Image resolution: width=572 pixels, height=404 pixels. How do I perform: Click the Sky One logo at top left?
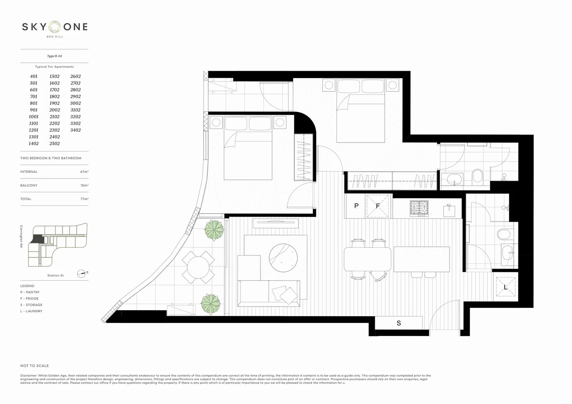[55, 27]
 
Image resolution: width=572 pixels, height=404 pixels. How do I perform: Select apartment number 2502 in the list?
[54, 144]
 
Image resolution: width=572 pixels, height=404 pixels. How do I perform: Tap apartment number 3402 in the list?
[75, 130]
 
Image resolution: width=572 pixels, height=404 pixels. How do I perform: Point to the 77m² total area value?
[84, 199]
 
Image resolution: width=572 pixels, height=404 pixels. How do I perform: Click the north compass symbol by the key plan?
[82, 273]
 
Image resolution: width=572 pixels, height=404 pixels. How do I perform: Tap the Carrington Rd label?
[22, 236]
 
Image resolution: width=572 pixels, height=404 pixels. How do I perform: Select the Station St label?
[55, 276]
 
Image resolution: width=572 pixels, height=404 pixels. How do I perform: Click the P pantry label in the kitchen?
[356, 206]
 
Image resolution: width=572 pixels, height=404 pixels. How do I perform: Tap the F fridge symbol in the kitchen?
[378, 206]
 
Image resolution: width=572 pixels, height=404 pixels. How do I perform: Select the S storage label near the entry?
[399, 323]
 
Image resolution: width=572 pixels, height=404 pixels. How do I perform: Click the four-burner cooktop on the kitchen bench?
[419, 208]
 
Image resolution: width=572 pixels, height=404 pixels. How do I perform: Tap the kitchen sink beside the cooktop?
[449, 210]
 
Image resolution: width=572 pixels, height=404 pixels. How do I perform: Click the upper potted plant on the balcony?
[214, 229]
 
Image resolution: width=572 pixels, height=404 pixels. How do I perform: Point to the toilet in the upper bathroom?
[477, 175]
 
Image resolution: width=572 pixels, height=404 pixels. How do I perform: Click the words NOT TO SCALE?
[34, 366]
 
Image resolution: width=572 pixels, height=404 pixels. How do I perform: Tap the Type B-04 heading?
[54, 56]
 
